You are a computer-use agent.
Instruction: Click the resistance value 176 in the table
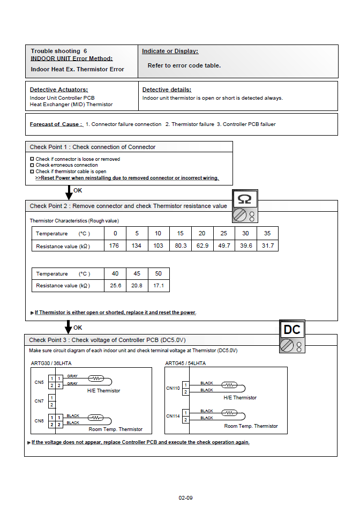coord(115,246)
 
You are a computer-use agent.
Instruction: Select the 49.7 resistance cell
coord(224,246)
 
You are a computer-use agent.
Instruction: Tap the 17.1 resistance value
coord(159,286)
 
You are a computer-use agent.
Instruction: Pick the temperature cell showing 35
coord(267,234)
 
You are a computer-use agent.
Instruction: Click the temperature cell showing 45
coord(137,274)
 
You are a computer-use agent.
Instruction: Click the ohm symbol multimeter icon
coord(245,206)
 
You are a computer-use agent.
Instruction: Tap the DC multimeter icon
coord(292,337)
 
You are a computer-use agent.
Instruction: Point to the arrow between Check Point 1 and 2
coord(69,192)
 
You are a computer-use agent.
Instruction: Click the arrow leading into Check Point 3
coord(69,326)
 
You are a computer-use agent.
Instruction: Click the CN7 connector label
coord(39,401)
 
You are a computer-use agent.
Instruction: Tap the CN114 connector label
coord(173,416)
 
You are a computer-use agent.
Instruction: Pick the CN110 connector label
coord(172,388)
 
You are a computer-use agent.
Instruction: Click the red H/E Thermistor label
coord(240,398)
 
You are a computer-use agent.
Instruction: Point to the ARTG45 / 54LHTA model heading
coord(185,363)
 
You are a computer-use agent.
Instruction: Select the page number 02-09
coord(185,498)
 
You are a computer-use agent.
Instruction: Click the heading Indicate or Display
coord(170,51)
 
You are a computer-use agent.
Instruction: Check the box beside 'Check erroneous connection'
coord(32,165)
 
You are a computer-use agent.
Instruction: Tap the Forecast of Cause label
coord(56,124)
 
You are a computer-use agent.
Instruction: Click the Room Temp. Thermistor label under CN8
coord(115,429)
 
